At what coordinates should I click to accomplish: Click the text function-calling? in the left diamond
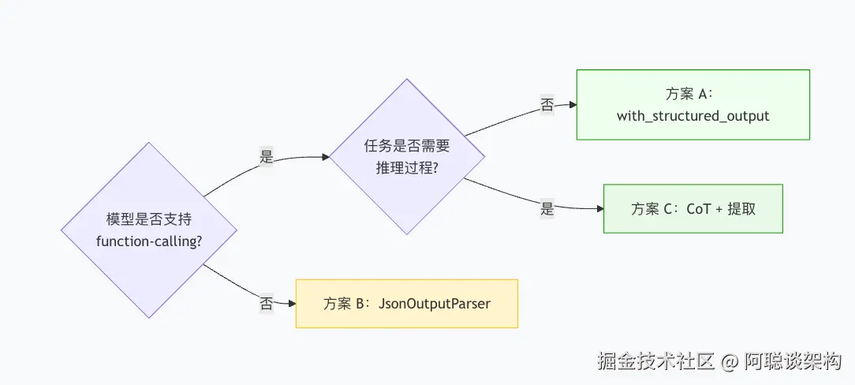point(149,241)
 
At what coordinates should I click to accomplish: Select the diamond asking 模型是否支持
point(149,230)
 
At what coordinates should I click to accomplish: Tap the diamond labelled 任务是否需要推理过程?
point(407,156)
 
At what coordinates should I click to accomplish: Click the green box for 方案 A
point(693,105)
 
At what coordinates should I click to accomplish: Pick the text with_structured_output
point(693,116)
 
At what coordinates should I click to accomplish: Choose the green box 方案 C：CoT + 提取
point(693,209)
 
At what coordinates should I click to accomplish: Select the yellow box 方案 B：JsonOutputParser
point(407,304)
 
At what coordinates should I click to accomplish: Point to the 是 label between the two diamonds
point(266,158)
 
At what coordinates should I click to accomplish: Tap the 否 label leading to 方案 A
point(547,105)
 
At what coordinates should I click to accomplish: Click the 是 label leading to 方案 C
point(547,208)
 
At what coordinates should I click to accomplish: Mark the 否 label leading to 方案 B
point(266,304)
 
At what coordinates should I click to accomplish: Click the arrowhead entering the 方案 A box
point(573,105)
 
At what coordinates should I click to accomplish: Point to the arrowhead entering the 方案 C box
point(599,209)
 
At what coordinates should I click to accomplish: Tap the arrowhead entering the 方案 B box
point(293,304)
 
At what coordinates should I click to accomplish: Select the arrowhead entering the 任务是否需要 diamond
point(326,157)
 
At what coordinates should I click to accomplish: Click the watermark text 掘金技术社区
point(655,361)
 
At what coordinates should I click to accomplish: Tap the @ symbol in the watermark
point(730,362)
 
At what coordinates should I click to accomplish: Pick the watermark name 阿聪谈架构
point(793,361)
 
